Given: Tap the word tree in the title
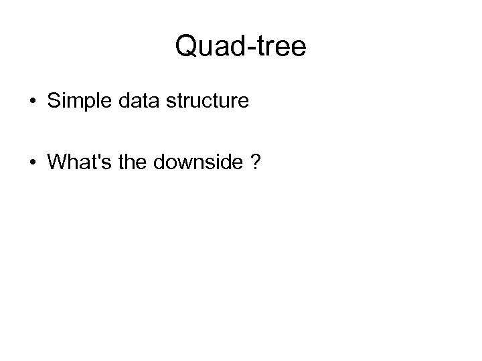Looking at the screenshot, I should click(x=277, y=46).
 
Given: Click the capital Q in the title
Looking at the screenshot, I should click(x=186, y=46).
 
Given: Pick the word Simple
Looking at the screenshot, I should click(x=77, y=102).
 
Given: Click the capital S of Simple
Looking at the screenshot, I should click(x=53, y=102).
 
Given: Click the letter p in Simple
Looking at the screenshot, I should click(x=88, y=104).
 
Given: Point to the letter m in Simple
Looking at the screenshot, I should click(x=74, y=104).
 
